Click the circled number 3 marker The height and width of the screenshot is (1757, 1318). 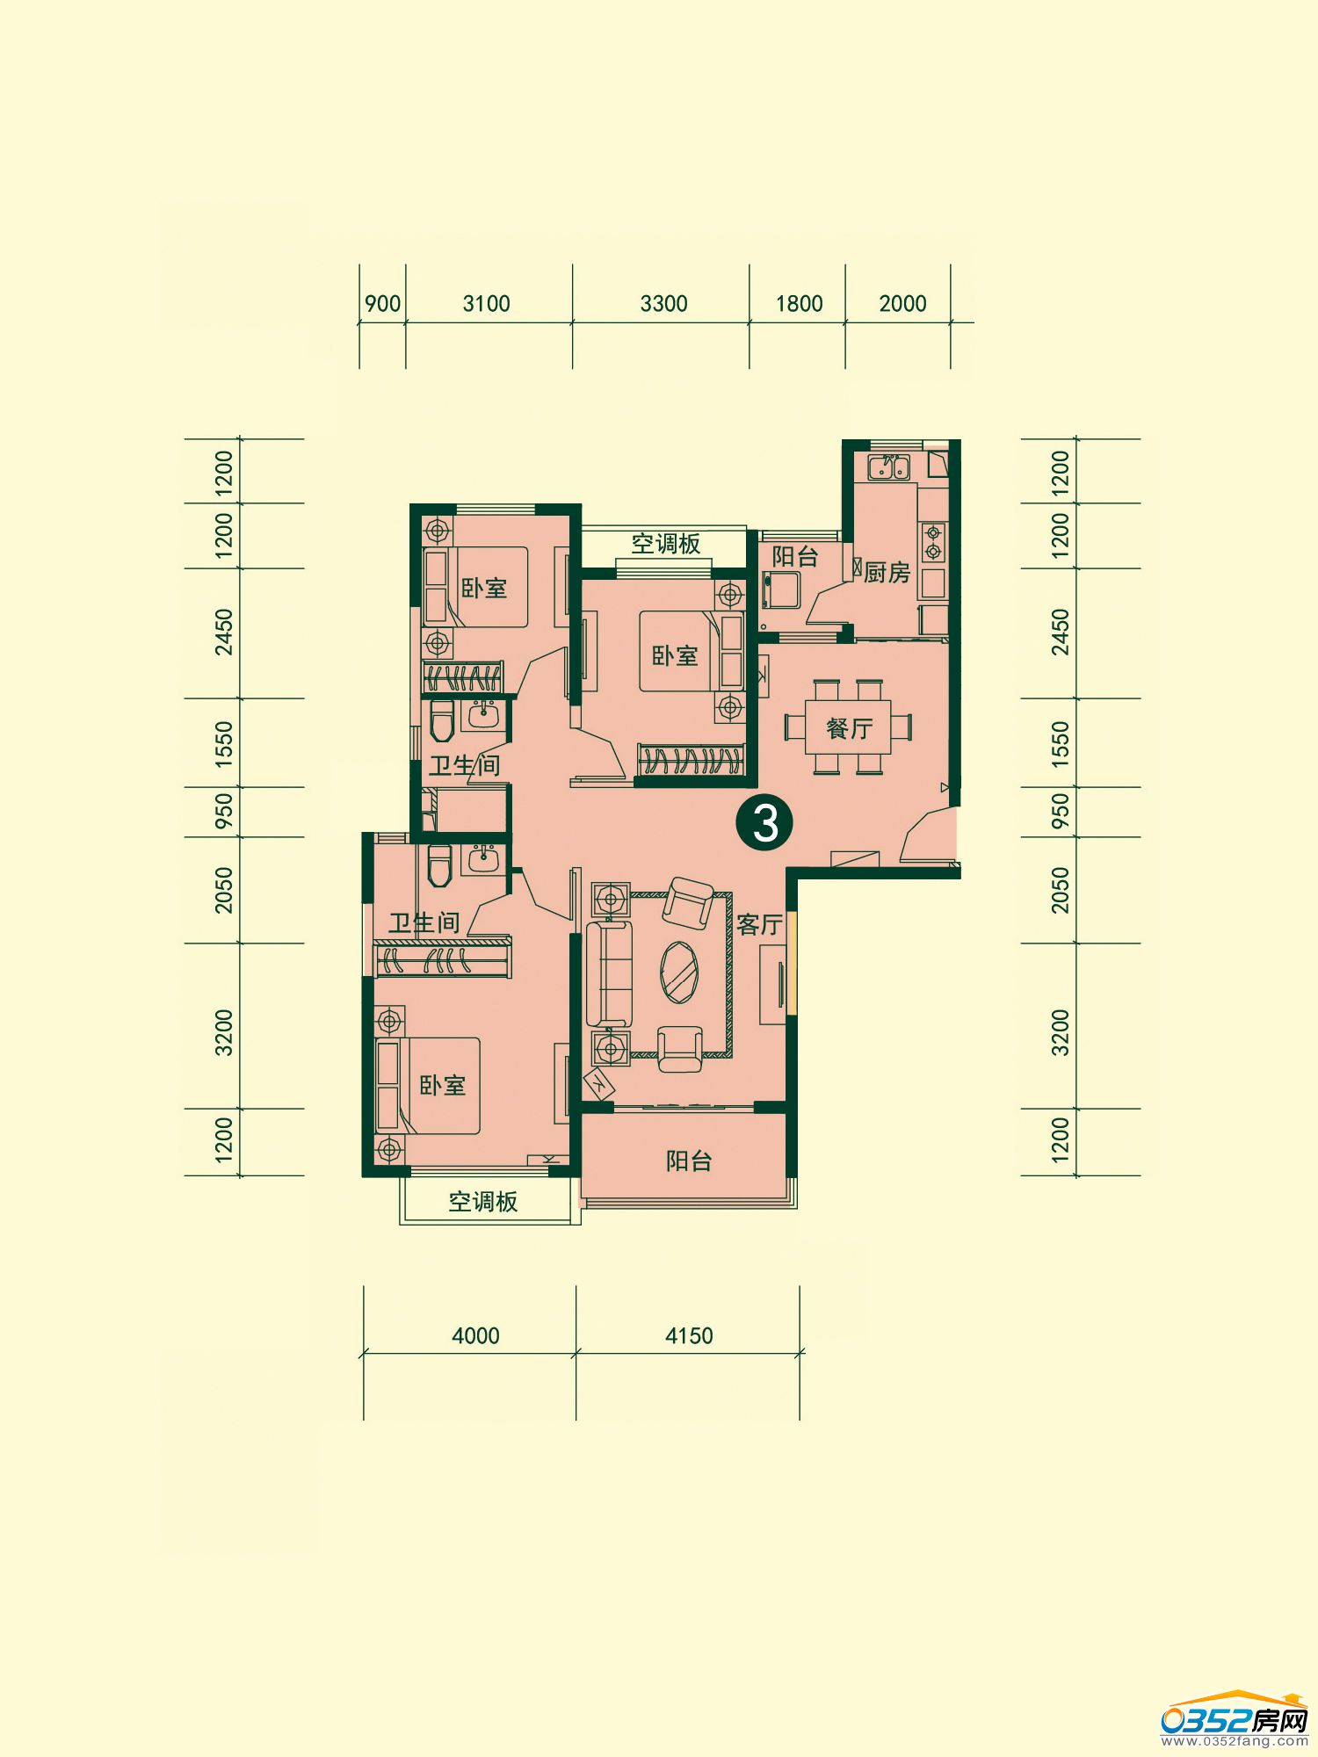(x=765, y=823)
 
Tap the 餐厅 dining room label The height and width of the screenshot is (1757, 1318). (x=850, y=728)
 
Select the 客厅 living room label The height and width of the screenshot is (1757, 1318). (x=759, y=924)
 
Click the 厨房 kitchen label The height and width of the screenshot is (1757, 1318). (x=887, y=573)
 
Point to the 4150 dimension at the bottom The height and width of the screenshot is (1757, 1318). (x=689, y=1336)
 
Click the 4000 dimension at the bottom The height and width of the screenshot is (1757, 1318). (x=475, y=1336)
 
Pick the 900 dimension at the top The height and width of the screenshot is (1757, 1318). (x=382, y=304)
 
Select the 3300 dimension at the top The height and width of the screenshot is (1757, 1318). (x=663, y=304)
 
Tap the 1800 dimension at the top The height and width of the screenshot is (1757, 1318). (x=799, y=304)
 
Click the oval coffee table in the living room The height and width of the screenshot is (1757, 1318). (x=680, y=972)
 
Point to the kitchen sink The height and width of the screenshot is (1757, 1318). (x=888, y=466)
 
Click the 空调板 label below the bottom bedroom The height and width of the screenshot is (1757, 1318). (x=483, y=1202)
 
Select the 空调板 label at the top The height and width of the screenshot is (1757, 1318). (x=666, y=544)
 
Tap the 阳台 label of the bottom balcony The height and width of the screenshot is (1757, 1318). (x=689, y=1161)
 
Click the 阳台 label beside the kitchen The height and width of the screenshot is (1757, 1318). (x=795, y=556)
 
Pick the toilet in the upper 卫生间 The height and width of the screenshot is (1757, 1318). (x=441, y=720)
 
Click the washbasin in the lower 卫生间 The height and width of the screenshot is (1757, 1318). (x=482, y=857)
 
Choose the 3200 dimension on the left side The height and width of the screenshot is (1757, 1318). (x=224, y=1032)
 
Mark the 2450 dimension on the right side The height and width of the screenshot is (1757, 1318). (x=1061, y=632)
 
